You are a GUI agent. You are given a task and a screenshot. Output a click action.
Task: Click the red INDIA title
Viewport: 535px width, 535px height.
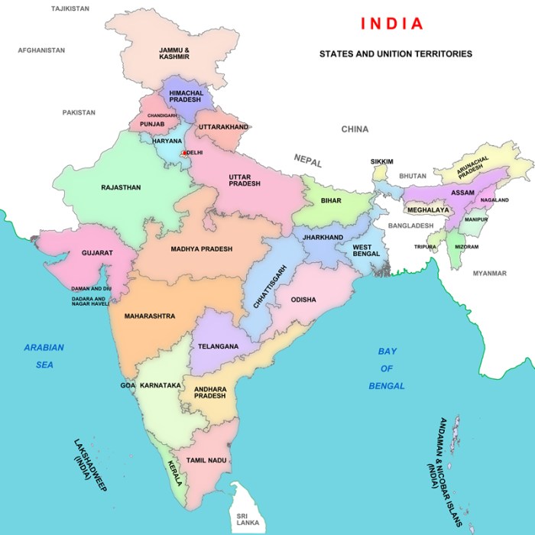(x=391, y=23)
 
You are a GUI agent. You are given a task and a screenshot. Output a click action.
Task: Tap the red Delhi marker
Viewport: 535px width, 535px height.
(x=183, y=154)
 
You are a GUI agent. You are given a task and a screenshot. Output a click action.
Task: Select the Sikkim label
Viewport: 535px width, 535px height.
(x=381, y=162)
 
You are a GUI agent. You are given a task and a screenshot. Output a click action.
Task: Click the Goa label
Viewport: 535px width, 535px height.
(x=128, y=385)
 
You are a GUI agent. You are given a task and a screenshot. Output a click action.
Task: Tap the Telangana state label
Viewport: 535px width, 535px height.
(x=218, y=346)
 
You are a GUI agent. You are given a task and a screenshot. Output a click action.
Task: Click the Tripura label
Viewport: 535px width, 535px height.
(x=426, y=247)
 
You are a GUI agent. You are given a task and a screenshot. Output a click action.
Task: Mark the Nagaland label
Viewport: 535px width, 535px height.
(x=494, y=200)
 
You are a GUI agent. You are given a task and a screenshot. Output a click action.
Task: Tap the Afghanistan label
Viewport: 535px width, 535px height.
(x=41, y=50)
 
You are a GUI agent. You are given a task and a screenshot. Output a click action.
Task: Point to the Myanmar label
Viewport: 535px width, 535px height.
(x=489, y=273)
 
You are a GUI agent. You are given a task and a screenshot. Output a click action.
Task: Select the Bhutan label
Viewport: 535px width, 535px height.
(x=413, y=176)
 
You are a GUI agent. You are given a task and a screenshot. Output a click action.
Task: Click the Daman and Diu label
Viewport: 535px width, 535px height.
(x=91, y=288)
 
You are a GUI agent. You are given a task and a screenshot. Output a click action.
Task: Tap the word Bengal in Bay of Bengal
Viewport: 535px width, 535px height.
(x=387, y=386)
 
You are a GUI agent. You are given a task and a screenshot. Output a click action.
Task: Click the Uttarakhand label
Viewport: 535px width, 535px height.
(x=223, y=126)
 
